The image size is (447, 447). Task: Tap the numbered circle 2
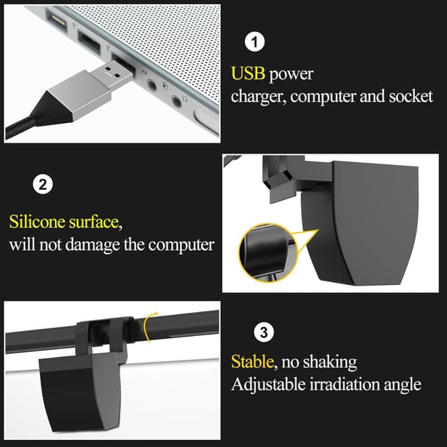tap(43, 185)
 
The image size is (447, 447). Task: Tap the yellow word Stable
tap(253, 362)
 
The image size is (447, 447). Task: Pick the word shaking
tap(331, 362)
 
